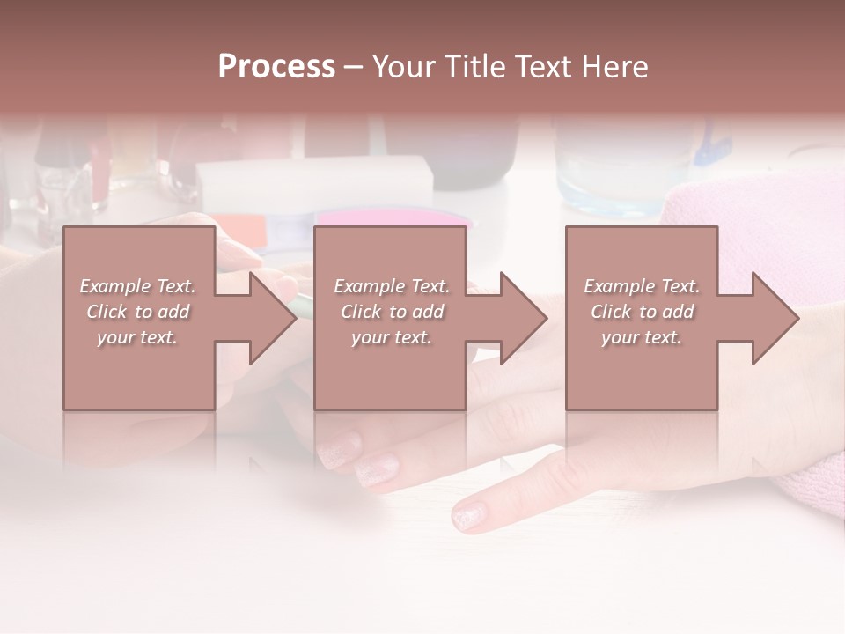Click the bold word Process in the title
276,67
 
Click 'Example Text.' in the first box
137,286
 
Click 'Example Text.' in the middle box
392,286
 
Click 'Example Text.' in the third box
642,286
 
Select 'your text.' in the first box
137,337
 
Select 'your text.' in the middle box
392,337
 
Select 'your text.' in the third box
642,337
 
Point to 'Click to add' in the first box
137,312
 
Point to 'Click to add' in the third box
642,312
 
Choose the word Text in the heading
542,67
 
